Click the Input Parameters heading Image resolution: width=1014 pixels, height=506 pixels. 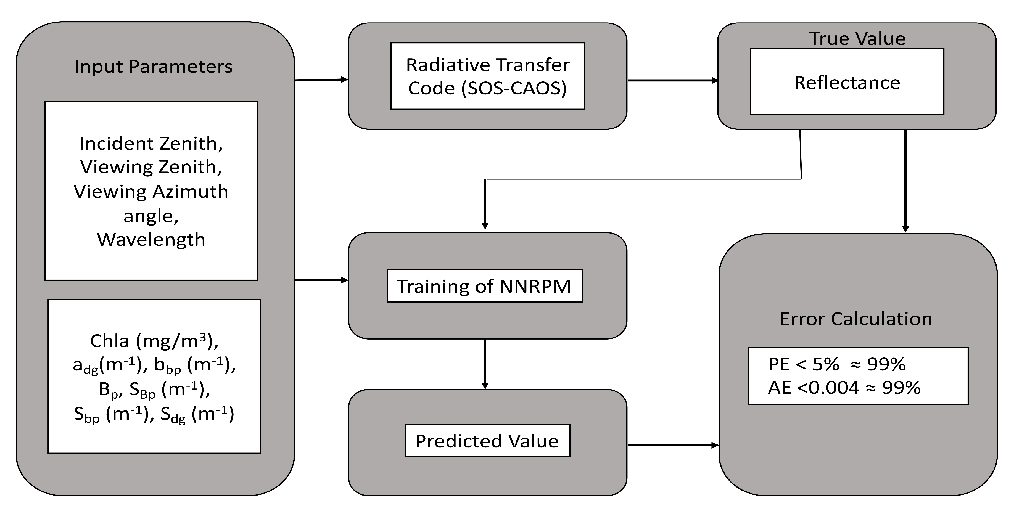tap(153, 67)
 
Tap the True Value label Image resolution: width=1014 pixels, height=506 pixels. tap(857, 39)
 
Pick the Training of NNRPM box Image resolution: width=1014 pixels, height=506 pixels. tap(485, 286)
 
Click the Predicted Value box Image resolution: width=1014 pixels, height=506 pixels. tap(487, 441)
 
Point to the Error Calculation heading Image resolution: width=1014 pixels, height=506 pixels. tap(856, 319)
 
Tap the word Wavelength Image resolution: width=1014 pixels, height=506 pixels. tap(151, 240)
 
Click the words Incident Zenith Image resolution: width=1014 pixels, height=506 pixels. tap(151, 144)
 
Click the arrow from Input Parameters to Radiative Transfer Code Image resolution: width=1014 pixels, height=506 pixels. tap(321, 80)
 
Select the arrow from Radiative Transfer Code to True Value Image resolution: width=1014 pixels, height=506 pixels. tap(672, 80)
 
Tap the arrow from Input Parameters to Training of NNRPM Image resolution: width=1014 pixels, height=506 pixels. tap(321, 280)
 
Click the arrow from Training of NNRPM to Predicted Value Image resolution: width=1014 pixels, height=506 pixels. tap(485, 364)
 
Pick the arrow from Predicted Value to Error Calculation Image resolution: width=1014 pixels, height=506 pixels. tap(672, 445)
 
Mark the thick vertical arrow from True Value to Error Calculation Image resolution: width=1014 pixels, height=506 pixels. tap(905, 181)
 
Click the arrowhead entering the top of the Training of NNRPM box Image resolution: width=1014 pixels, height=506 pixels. tap(485, 226)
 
